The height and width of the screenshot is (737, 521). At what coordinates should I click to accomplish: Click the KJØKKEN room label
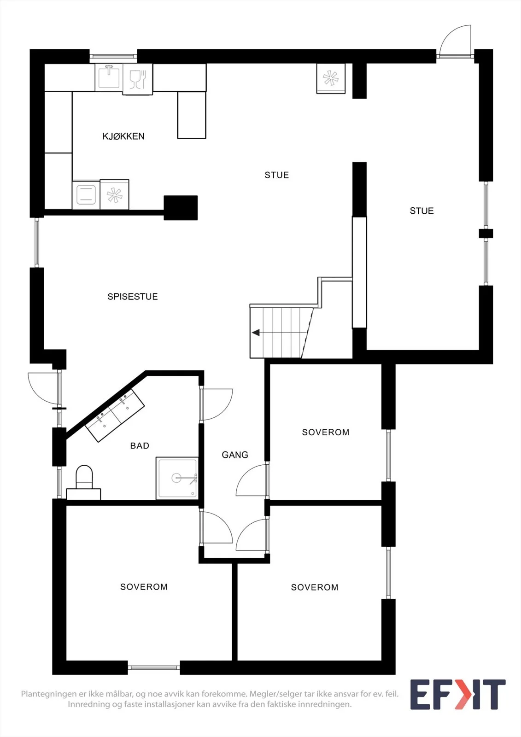tap(123, 136)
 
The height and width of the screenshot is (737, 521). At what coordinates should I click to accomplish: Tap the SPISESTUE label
tap(133, 297)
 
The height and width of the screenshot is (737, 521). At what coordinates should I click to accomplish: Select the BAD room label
tap(140, 445)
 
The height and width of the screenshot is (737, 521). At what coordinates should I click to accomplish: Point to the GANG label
tap(235, 455)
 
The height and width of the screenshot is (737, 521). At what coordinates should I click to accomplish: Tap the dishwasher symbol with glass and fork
tap(138, 79)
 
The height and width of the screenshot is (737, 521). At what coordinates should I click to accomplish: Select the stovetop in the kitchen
tap(86, 195)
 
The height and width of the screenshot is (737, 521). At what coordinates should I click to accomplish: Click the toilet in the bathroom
tap(84, 482)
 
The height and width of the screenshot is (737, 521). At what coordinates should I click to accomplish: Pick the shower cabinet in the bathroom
tap(177, 478)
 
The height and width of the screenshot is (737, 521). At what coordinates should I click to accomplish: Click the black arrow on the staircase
tap(256, 333)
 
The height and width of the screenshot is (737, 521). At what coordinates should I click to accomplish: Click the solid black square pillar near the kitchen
tap(181, 208)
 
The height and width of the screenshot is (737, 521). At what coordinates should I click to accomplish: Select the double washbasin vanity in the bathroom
tap(115, 415)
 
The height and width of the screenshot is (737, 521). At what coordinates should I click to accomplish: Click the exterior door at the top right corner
tap(456, 41)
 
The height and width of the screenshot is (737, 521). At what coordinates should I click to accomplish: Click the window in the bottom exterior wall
tap(154, 667)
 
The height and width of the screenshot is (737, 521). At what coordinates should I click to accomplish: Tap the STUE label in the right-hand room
tap(421, 211)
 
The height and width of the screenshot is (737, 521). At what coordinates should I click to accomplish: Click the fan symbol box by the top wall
tap(331, 79)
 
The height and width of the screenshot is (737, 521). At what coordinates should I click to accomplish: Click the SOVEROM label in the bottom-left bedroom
tap(144, 587)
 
